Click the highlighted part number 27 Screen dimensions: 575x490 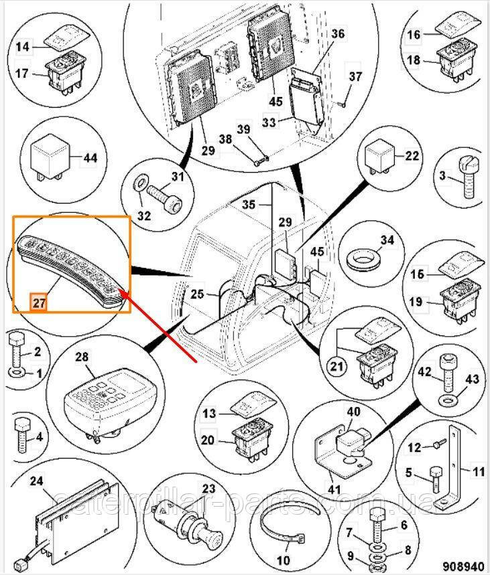(40, 302)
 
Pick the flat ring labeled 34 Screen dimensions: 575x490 (364, 257)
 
